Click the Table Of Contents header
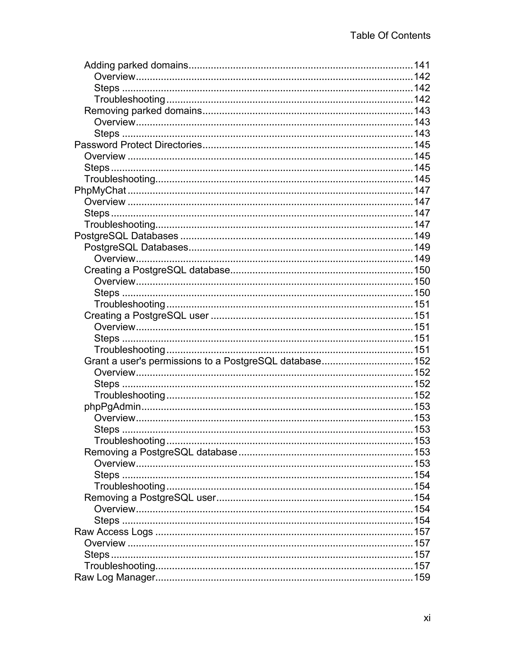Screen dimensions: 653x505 click(390, 35)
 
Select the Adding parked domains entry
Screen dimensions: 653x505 click(136, 65)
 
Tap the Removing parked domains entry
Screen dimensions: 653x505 click(143, 111)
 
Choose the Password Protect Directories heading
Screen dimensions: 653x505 click(138, 145)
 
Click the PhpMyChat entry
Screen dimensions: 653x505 click(100, 190)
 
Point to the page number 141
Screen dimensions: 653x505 click(422, 65)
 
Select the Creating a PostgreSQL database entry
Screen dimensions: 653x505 click(157, 270)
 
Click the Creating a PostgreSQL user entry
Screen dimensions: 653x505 click(146, 315)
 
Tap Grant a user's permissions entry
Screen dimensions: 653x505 click(202, 361)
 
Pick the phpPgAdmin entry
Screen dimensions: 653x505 click(112, 406)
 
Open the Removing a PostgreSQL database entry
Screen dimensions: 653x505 click(161, 452)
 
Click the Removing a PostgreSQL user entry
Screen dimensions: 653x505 click(150, 497)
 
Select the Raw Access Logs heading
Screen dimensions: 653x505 click(113, 532)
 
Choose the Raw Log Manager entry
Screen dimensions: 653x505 click(115, 577)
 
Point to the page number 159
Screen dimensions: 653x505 click(422, 577)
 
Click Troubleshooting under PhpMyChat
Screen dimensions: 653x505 click(120, 224)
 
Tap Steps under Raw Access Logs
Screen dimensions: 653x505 click(97, 554)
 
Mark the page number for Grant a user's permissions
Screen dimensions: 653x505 click(422, 361)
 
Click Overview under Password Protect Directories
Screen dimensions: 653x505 click(105, 156)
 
